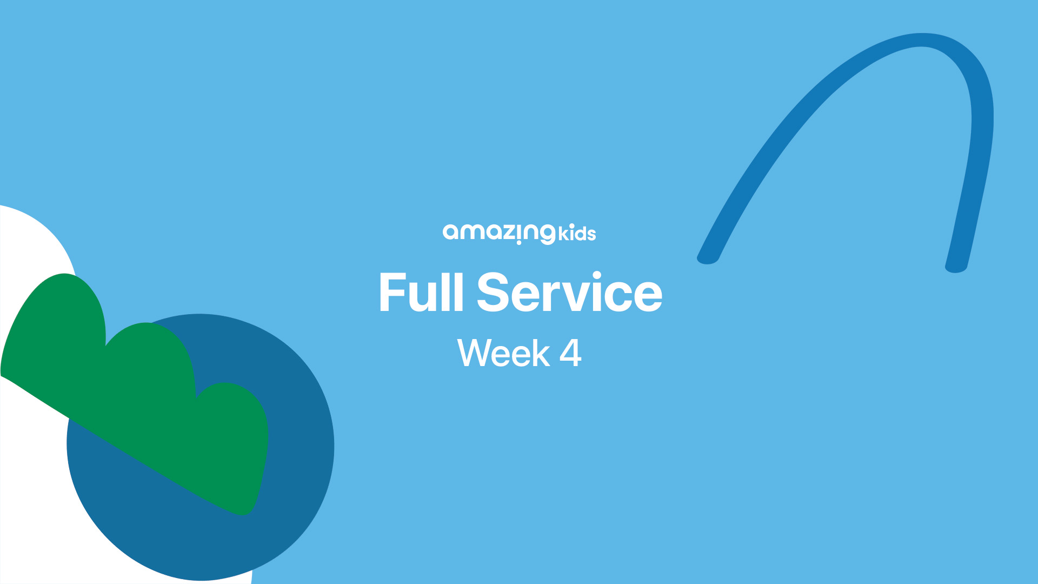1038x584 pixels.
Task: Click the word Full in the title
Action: [421, 293]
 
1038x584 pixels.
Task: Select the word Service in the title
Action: [570, 293]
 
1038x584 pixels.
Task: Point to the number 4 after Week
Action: [570, 353]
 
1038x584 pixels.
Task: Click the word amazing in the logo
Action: [499, 234]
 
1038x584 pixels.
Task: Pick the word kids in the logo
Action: [577, 234]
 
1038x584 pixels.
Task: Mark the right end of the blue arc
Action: [956, 267]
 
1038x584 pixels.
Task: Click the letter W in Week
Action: [476, 353]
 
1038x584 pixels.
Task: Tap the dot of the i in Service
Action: [596, 276]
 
